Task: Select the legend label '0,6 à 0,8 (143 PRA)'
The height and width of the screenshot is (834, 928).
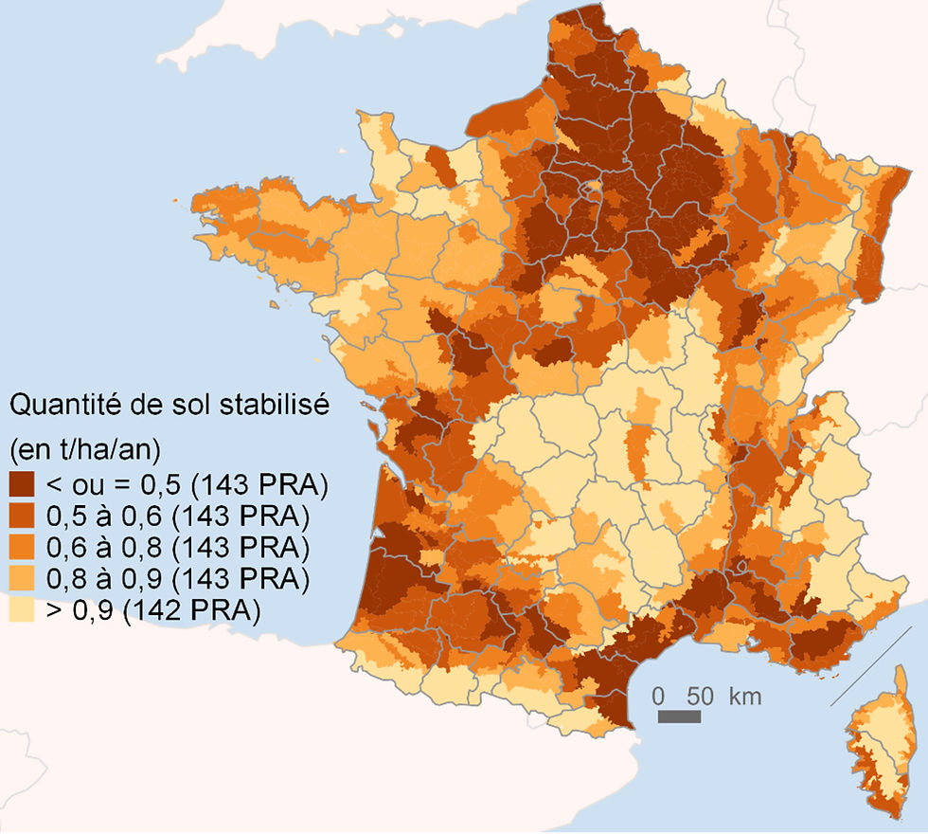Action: point(178,548)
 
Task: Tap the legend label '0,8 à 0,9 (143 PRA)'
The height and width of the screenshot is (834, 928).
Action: point(178,578)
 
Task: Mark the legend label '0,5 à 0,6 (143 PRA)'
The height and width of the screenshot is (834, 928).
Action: point(178,517)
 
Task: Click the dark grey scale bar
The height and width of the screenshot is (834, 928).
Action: point(679,716)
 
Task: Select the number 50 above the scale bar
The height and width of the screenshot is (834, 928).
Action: point(699,697)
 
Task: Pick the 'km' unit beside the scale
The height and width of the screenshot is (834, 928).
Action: point(745,697)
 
